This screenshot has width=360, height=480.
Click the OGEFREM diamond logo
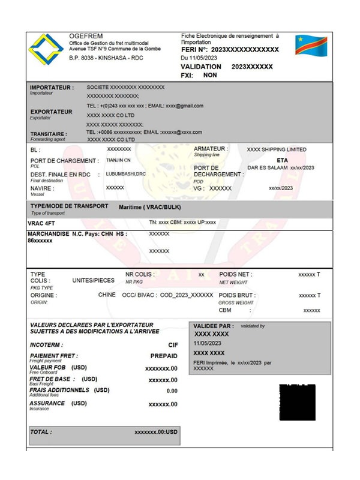(x=48, y=50)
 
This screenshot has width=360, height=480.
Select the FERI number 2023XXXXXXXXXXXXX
(x=245, y=49)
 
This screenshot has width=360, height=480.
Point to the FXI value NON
(x=209, y=76)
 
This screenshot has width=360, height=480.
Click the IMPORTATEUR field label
(x=52, y=88)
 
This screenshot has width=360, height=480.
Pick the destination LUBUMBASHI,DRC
(x=125, y=174)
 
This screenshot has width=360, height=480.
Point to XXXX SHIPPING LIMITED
(x=277, y=149)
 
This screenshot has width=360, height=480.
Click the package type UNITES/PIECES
(x=93, y=280)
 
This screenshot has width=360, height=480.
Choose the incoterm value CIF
(x=173, y=345)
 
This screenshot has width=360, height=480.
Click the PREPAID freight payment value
(x=164, y=356)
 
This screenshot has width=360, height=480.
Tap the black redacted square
(x=298, y=402)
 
